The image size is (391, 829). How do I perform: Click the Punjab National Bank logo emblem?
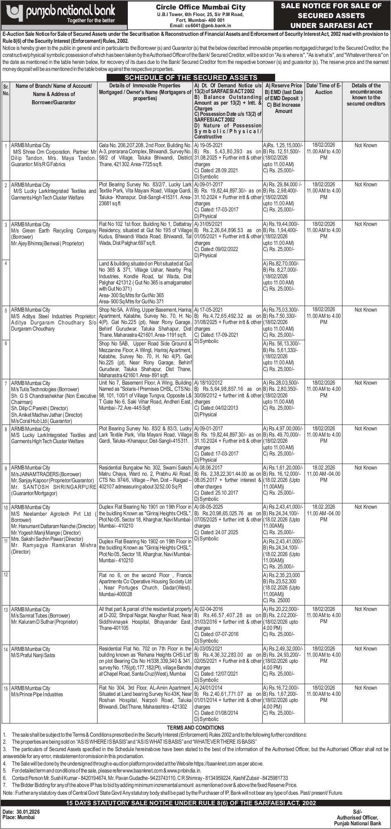[14, 12]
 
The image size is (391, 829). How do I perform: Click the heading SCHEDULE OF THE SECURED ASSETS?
[191, 77]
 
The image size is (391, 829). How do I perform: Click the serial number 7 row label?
[6, 383]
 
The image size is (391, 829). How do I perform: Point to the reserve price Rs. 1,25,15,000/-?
[284, 146]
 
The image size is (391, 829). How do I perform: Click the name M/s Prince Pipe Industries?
[37, 695]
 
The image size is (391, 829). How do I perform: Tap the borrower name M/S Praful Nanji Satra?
[33, 655]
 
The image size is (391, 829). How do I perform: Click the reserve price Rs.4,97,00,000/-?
[284, 429]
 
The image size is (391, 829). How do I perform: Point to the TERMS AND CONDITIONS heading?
[195, 728]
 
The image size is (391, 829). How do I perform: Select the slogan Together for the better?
[91, 20]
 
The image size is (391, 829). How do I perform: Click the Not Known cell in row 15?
[365, 688]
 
